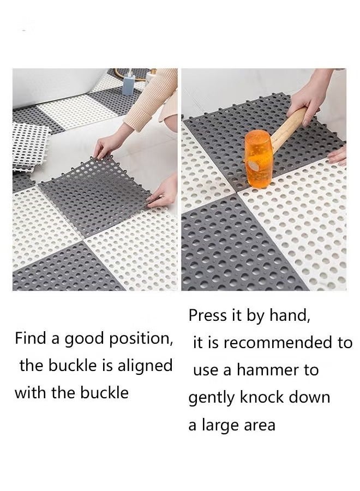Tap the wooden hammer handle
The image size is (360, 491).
point(288,126)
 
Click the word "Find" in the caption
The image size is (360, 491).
point(31,338)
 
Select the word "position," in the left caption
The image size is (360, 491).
point(141,339)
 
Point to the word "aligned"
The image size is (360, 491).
point(145,366)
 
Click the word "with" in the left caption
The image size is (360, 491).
point(31,392)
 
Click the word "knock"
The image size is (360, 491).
point(262,397)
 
